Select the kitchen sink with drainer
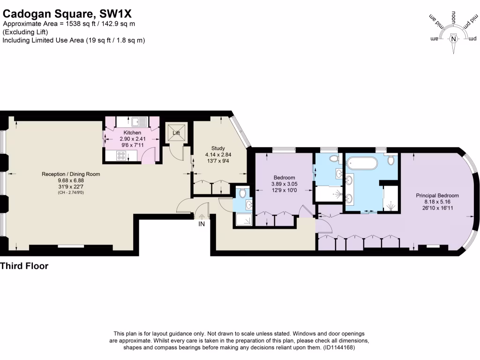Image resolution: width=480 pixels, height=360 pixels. coord(139,122)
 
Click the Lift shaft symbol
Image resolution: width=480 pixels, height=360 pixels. coord(177,133)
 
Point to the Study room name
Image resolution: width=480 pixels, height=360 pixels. coord(218,148)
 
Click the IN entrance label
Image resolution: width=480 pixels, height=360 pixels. coord(202,225)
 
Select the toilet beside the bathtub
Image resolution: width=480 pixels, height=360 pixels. coord(391,160)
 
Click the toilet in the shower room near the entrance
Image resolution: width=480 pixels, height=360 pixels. coord(241,193)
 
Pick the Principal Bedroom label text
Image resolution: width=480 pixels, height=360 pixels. coord(438,195)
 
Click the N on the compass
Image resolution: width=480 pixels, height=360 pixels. coord(453,39)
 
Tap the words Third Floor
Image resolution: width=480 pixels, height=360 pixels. coord(24,266)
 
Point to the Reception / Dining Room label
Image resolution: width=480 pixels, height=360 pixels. coord(71,174)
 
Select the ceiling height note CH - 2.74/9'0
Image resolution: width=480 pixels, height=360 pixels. coord(71,193)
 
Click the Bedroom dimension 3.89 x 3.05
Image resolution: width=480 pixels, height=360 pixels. coord(285,184)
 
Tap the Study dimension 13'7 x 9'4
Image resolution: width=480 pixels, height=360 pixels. coord(218,161)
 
